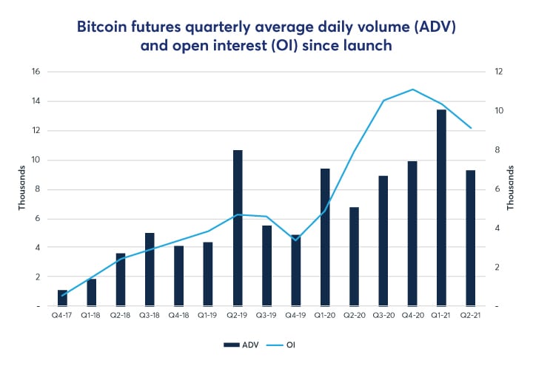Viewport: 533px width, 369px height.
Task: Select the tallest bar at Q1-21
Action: (x=442, y=208)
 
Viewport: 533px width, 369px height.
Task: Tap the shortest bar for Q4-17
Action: (x=63, y=298)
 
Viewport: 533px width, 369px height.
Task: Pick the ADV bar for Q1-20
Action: (x=325, y=237)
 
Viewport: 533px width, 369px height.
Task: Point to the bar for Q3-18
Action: (x=150, y=269)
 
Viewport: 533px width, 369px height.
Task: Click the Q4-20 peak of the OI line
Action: (x=413, y=89)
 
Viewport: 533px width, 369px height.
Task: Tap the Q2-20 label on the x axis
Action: (x=354, y=316)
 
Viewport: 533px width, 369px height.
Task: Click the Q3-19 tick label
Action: (x=266, y=316)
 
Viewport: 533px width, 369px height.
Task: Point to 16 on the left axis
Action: (x=35, y=72)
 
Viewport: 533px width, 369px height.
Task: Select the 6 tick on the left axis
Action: (x=37, y=218)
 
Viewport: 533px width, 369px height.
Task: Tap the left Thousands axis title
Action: (x=21, y=189)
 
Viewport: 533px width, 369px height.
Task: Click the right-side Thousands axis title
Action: (x=510, y=189)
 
